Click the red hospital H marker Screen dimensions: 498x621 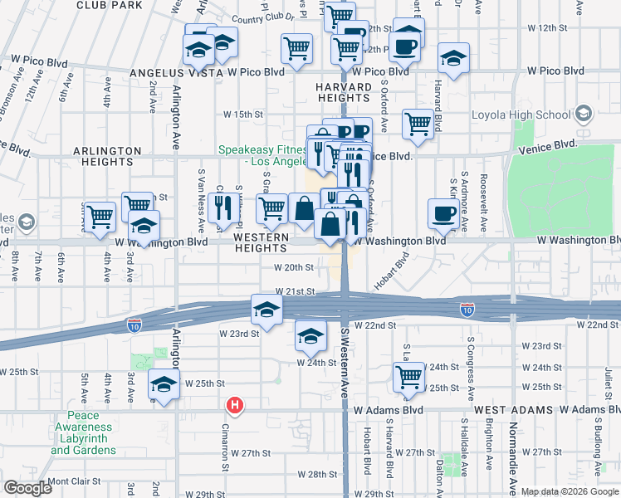click(236, 406)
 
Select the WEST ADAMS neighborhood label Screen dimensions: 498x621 click(513, 410)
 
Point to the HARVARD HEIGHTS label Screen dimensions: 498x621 click(342, 93)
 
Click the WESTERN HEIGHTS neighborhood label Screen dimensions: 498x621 click(261, 242)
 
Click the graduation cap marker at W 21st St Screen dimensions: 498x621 click(266, 310)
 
